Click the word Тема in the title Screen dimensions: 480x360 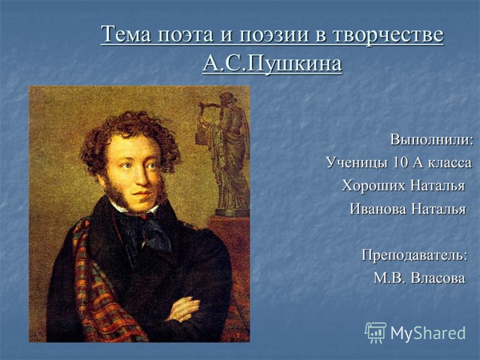coord(127,34)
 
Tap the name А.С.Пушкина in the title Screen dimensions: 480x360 coord(272,64)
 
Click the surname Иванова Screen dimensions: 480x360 coord(379,209)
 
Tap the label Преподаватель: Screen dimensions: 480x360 coord(415,255)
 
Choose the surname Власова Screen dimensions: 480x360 coord(439,278)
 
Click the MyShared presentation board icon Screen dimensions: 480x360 coord(376,332)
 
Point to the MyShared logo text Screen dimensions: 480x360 coord(428,333)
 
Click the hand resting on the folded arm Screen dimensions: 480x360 coord(183,308)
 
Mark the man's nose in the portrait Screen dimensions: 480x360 coord(142,178)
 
